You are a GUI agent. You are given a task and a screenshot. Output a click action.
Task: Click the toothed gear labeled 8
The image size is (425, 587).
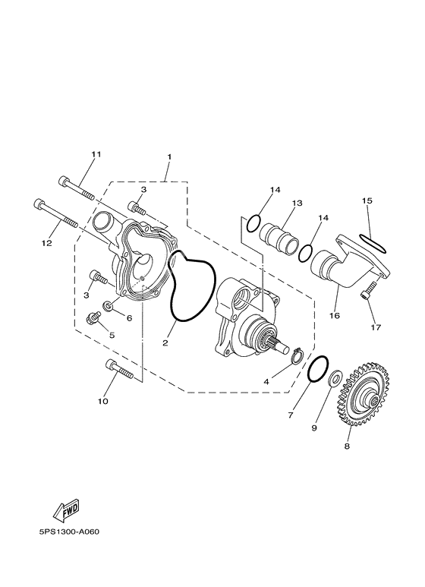(x=363, y=394)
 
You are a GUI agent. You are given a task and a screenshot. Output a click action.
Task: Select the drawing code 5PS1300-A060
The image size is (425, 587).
(x=69, y=532)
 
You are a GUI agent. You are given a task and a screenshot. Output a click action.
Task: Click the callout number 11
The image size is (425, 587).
(x=96, y=154)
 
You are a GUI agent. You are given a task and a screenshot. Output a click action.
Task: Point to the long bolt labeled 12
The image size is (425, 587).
(x=55, y=213)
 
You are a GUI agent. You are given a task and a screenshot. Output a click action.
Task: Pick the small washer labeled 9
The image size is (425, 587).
(x=334, y=378)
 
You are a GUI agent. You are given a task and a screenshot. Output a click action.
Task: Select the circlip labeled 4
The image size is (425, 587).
(x=297, y=355)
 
